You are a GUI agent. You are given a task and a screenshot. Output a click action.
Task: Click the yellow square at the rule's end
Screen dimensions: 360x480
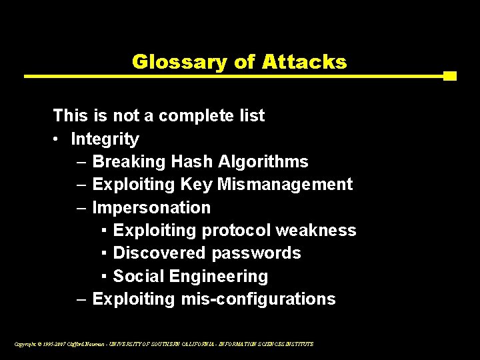tap(449, 76)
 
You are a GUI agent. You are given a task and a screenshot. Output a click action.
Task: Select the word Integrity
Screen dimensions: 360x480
tap(105, 139)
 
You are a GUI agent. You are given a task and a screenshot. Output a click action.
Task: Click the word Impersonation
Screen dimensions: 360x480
tap(151, 208)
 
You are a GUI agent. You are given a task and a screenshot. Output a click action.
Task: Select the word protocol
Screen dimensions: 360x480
tap(236, 231)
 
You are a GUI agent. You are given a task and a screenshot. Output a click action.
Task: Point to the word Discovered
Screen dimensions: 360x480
tap(159, 253)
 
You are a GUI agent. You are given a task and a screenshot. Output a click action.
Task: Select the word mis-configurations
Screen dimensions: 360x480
tap(258, 299)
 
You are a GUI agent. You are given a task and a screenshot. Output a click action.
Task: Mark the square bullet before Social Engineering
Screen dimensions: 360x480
tap(106, 276)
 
